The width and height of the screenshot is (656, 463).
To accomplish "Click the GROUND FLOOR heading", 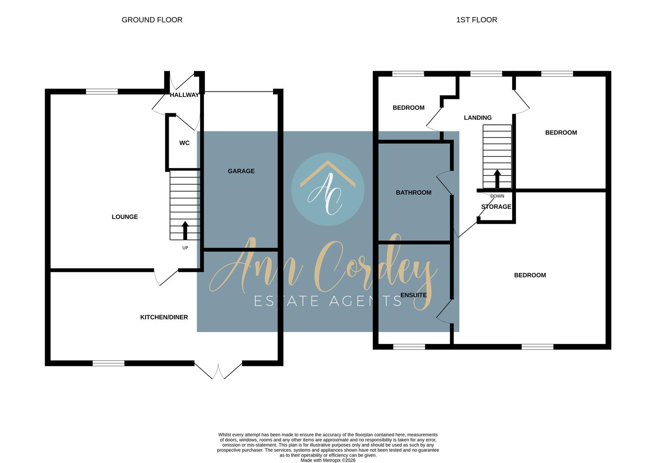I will tap(152, 20).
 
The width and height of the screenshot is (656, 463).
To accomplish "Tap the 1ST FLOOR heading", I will tap(477, 20).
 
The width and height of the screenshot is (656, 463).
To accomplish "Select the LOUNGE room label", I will tap(125, 217).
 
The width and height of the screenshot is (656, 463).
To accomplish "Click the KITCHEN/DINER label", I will tap(164, 317).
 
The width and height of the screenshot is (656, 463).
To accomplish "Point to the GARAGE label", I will tap(241, 171).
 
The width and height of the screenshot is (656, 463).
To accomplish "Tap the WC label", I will tap(184, 143).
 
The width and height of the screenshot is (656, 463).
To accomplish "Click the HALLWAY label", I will tap(184, 95).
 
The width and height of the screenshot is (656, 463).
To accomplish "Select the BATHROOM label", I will tap(413, 192).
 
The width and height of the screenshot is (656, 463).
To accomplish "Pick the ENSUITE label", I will tap(413, 295).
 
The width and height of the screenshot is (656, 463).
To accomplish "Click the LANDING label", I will tap(477, 117).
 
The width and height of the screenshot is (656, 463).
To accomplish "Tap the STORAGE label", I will tap(496, 207).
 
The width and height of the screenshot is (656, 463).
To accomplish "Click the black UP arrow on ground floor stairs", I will tap(185, 230).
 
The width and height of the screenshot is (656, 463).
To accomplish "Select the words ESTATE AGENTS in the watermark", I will tap(328, 301).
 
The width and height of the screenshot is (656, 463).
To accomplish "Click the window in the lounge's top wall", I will tap(102, 91).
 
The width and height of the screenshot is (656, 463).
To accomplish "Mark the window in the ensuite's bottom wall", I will tap(409, 347).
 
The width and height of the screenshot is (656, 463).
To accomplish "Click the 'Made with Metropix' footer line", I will tap(328, 460).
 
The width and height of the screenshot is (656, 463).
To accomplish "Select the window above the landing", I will tap(486, 74).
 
